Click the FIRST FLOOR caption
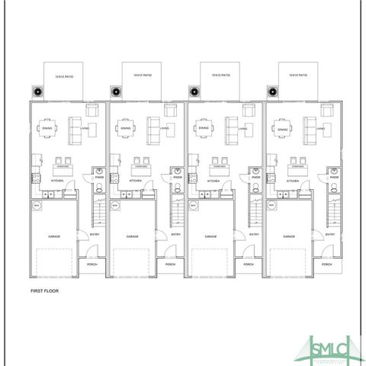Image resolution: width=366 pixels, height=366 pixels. (44, 291)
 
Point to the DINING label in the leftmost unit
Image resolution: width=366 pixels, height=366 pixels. (47, 130)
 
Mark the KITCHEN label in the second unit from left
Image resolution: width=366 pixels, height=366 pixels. (135, 181)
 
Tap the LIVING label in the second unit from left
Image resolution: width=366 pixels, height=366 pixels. (162, 130)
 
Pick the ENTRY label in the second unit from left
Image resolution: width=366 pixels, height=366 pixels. (176, 234)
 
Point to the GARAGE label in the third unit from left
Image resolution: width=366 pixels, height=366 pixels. (210, 236)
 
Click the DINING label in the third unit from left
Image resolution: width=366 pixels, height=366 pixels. (204, 129)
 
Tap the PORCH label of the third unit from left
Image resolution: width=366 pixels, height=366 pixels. (249, 264)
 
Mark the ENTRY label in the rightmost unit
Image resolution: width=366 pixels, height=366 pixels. (329, 234)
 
